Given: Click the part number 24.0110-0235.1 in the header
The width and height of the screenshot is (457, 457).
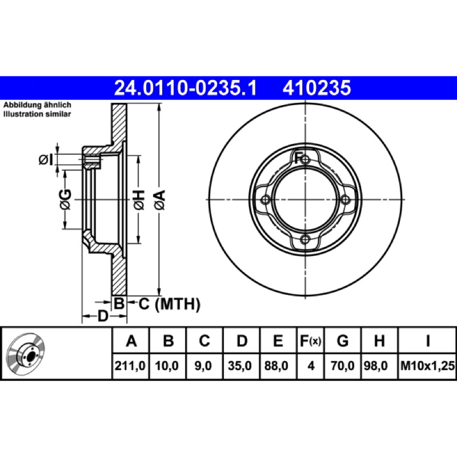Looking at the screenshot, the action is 186,88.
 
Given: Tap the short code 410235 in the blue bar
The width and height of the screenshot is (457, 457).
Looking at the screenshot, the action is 317,88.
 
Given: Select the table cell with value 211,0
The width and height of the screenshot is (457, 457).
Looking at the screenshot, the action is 130,366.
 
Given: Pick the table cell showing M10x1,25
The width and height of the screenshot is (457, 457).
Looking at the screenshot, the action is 427,366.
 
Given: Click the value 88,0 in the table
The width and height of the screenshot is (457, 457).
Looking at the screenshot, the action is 276,366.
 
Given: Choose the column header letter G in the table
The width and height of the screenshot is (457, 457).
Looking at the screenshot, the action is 342,340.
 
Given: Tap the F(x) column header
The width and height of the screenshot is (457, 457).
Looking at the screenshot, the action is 310,340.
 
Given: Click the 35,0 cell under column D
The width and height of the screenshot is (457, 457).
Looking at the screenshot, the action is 239,366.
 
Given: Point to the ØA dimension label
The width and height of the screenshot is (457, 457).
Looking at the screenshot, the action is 160,200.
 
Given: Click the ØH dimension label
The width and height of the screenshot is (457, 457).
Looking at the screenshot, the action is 139,200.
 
